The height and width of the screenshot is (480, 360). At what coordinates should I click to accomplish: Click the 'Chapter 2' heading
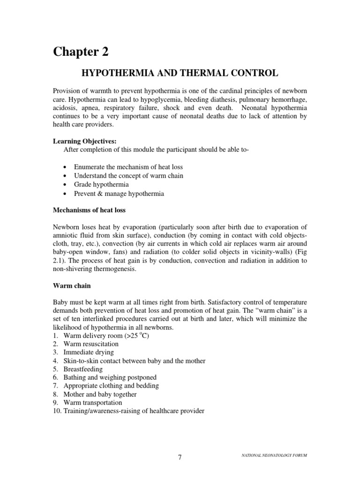pyautogui.click(x=80, y=52)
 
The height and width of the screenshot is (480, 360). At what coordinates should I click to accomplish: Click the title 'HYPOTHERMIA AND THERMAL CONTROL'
pyautogui.click(x=180, y=73)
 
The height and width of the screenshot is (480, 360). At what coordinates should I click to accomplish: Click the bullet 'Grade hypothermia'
pyautogui.click(x=101, y=184)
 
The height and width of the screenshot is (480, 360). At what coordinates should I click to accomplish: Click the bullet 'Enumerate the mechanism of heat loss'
pyautogui.click(x=128, y=167)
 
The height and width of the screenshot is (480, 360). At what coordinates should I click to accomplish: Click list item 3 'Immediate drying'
pyautogui.click(x=89, y=352)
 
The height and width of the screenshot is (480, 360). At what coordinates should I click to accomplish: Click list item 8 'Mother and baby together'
pyautogui.click(x=100, y=394)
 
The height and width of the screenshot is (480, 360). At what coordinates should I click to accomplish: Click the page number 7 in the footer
pyautogui.click(x=180, y=457)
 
